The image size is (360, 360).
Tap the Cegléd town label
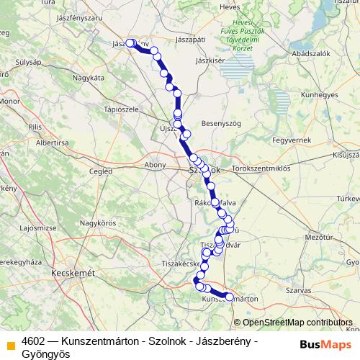coord(99,171)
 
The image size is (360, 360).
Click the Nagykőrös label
coord(97,222)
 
